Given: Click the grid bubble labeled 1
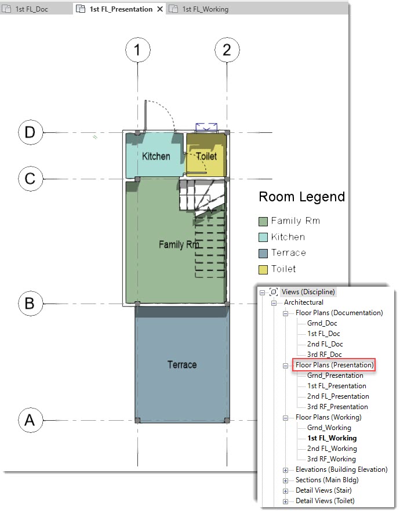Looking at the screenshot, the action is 138,50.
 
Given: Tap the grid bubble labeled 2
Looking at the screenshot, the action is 227,50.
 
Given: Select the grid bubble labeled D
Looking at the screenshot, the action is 30,132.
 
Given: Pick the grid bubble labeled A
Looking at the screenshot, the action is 30,420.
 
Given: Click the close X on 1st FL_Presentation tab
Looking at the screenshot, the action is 160,9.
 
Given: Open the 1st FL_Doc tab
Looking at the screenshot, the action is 31,9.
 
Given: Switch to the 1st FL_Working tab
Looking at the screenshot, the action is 205,9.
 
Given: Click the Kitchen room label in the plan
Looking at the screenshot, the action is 156,156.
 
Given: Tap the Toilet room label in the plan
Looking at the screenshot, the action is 206,156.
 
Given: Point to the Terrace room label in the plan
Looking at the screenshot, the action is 182,364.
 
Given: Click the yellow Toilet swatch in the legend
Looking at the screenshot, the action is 263,270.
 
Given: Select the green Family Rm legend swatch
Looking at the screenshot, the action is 263,222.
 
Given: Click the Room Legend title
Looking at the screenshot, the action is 301,197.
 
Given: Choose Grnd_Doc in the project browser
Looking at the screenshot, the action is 322,323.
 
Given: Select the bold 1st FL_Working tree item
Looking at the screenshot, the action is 332,438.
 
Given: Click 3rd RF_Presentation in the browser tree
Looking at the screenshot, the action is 337,407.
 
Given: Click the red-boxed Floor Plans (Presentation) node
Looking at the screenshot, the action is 334,365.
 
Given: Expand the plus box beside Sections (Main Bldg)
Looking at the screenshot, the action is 286,481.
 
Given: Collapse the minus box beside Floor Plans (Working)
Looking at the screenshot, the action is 286,418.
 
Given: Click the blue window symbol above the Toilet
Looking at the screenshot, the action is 206,127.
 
